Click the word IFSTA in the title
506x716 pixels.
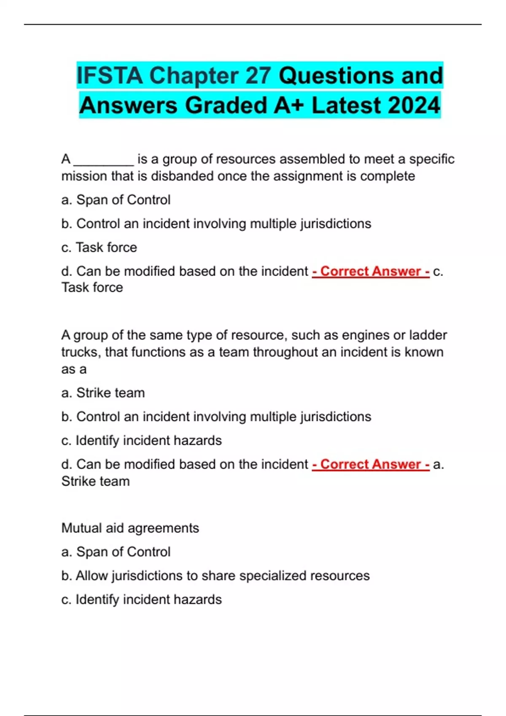tap(110, 76)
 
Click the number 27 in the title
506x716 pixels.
tap(258, 76)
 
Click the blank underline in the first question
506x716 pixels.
tap(104, 162)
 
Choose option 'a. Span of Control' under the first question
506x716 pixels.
tap(116, 200)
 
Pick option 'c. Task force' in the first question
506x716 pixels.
tap(99, 247)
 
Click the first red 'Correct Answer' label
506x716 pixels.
tap(371, 271)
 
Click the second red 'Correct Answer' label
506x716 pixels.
tap(371, 464)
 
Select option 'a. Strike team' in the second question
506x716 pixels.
tap(103, 393)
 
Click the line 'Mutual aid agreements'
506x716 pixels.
tap(130, 528)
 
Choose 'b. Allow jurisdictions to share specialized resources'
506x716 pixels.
tap(215, 575)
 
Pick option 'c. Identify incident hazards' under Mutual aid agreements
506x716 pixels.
tap(141, 599)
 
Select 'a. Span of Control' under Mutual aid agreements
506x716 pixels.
tap(116, 552)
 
